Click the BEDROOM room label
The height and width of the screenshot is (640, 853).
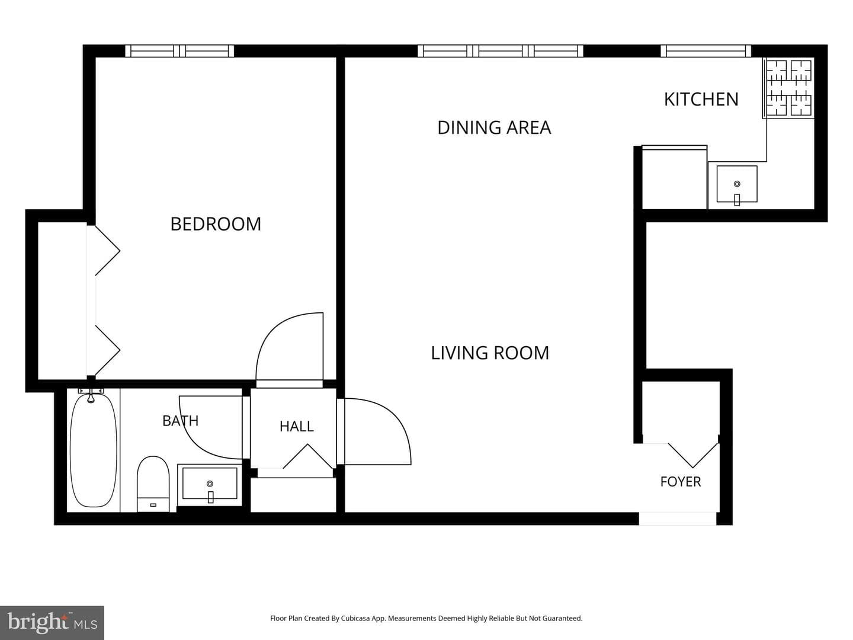pyautogui.click(x=216, y=224)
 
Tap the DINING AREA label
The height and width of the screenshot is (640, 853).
pyautogui.click(x=494, y=127)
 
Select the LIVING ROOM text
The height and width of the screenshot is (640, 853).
pyautogui.click(x=490, y=353)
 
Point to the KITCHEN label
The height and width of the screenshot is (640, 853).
pyautogui.click(x=701, y=100)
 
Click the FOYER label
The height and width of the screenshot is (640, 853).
pyautogui.click(x=681, y=482)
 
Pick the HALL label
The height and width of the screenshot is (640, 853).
pyautogui.click(x=297, y=426)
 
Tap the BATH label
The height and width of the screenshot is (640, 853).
pyautogui.click(x=180, y=421)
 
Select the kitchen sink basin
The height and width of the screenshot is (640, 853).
pyautogui.click(x=737, y=184)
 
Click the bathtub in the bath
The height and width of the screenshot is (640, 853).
pyautogui.click(x=93, y=450)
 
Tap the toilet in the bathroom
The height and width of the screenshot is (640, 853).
pyautogui.click(x=153, y=484)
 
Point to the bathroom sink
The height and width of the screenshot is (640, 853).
pyautogui.click(x=210, y=484)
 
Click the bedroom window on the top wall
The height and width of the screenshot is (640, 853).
pyautogui.click(x=179, y=51)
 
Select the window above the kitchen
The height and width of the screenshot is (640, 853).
pyautogui.click(x=706, y=51)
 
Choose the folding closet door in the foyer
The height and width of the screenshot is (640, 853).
pyautogui.click(x=693, y=455)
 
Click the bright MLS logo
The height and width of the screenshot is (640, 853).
pyautogui.click(x=52, y=622)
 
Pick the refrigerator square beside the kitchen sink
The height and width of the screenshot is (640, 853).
pyautogui.click(x=674, y=177)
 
